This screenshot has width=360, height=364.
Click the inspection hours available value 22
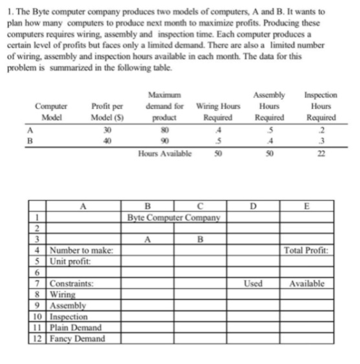pos(321,151)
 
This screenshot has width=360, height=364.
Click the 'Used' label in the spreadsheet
pos(254,283)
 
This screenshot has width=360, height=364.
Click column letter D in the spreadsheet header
pos(254,206)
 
